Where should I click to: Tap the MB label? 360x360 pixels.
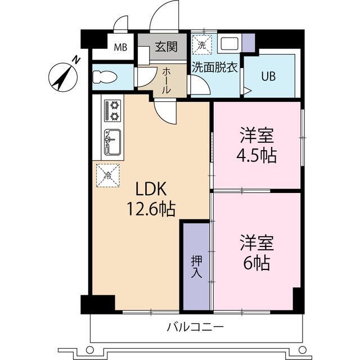[121, 47]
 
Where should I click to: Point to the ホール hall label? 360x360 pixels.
[167, 80]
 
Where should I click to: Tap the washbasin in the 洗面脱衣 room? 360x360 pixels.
[228, 44]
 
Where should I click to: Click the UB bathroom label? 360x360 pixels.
[267, 76]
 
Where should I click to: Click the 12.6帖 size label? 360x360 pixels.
[150, 210]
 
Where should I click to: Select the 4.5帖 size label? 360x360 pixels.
[257, 155]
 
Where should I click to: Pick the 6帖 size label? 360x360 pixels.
[257, 262]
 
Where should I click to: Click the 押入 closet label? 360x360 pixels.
[196, 267]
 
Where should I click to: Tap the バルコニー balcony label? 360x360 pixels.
[196, 327]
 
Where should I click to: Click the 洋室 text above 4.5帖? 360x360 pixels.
[257, 136]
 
